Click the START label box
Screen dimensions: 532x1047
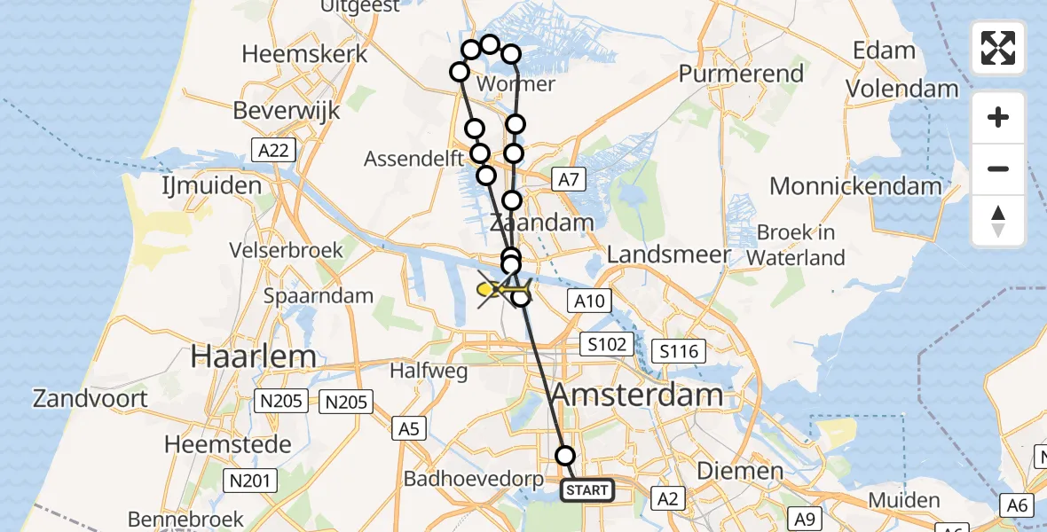[x=587, y=490]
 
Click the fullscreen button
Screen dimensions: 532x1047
[x=998, y=48]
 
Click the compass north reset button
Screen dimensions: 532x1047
[x=998, y=221]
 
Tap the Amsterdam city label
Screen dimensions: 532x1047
[x=637, y=395]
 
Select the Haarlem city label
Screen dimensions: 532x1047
[x=254, y=356]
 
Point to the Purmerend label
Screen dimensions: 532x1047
[x=741, y=74]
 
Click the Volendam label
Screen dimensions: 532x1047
[x=901, y=89]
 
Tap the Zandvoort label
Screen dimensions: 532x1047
[x=91, y=398]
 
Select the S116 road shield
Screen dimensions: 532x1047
[x=679, y=352]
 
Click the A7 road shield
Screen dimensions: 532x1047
[x=568, y=180]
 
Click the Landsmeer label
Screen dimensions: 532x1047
[x=669, y=254]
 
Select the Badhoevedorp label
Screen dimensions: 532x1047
[x=472, y=479]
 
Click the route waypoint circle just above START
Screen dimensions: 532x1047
[x=565, y=456]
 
